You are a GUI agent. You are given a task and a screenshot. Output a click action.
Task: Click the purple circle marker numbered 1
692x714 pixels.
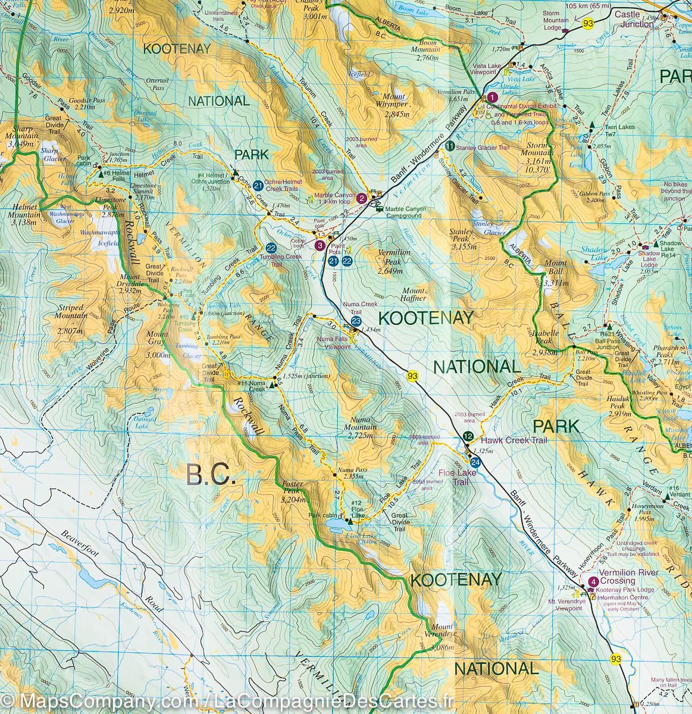(x=492, y=98)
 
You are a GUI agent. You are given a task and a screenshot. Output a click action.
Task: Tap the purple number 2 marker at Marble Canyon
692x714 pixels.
(x=362, y=199)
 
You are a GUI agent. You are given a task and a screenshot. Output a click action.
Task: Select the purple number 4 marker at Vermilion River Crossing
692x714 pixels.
(x=592, y=582)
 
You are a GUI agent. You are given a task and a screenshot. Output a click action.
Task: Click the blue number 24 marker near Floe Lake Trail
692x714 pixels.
(x=475, y=462)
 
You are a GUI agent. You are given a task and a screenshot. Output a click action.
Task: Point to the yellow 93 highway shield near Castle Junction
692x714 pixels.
(x=588, y=23)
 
